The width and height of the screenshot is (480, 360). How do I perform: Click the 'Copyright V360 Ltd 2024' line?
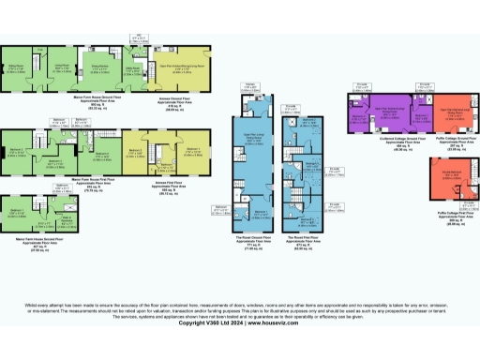240,336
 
